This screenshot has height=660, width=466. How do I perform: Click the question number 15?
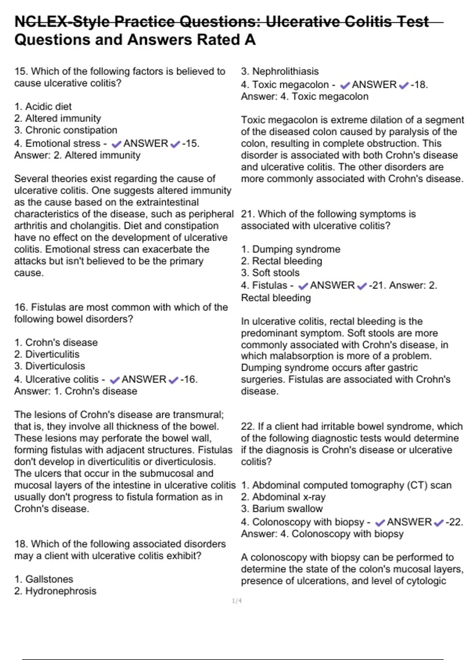[21, 71]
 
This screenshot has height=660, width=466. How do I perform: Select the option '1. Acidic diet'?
[43, 106]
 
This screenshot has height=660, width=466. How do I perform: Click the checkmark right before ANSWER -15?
[116, 144]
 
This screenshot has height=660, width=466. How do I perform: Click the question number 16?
[21, 307]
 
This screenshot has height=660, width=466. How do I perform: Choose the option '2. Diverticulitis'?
[47, 354]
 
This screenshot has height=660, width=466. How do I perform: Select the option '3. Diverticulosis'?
[49, 366]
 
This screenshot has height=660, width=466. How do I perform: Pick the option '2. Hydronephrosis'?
[55, 591]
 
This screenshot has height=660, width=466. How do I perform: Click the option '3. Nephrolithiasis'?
[280, 71]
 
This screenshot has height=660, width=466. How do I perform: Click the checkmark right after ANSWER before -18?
[404, 85]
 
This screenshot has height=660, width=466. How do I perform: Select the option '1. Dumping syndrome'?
[290, 249]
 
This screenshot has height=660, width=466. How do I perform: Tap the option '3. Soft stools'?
[270, 273]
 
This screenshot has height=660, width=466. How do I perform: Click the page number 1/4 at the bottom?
[236, 601]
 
